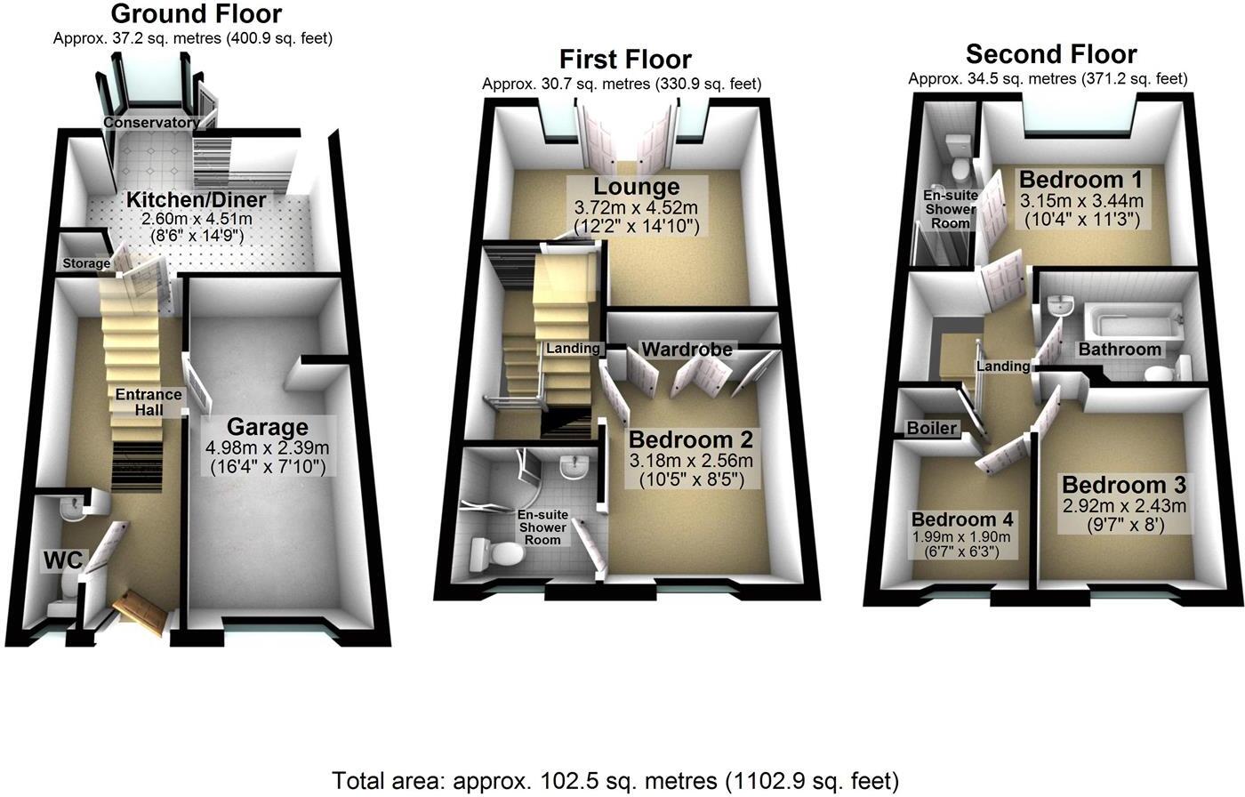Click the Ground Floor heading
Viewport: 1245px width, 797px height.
click(x=197, y=14)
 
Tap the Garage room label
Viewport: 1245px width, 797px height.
click(x=267, y=427)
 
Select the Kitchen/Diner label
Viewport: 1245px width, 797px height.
click(x=196, y=199)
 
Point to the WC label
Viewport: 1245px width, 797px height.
click(x=63, y=560)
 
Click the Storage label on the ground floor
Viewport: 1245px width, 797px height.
click(x=86, y=263)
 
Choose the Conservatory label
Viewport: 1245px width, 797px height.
click(x=150, y=123)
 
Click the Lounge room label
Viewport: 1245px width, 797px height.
click(x=637, y=187)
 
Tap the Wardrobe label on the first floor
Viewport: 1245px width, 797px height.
click(x=687, y=350)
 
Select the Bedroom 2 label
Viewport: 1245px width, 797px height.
click(x=691, y=439)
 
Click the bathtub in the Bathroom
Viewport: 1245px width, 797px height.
click(x=1131, y=318)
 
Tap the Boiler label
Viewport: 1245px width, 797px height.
click(x=931, y=428)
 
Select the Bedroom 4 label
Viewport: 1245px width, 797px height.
click(x=960, y=519)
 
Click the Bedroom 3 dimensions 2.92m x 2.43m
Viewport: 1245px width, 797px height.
click(x=1122, y=506)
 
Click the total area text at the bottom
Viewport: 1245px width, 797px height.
click(x=615, y=781)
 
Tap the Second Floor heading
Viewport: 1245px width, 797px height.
click(x=1051, y=54)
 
